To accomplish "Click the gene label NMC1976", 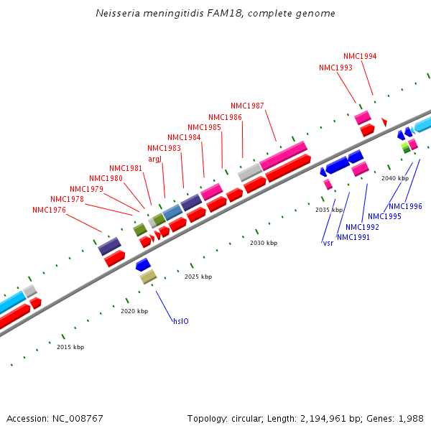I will point(49,210).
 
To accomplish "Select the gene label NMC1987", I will point(247,106).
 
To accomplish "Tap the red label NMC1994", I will point(360,56).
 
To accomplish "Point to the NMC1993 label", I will point(335,68).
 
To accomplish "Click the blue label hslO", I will point(180,321).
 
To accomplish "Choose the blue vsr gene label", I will point(328,243).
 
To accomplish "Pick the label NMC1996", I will point(405,206).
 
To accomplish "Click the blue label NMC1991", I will point(353,237).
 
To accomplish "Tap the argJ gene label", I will point(154,159).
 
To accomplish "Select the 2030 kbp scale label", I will point(264,243).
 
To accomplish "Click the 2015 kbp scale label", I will point(70,347).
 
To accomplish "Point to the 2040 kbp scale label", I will point(395,178).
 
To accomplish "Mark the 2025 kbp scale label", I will point(198,277).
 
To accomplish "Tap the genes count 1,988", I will point(410,418).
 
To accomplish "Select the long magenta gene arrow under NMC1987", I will point(283,156).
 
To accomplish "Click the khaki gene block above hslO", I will point(148,276).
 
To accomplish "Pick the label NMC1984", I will point(184,137).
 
